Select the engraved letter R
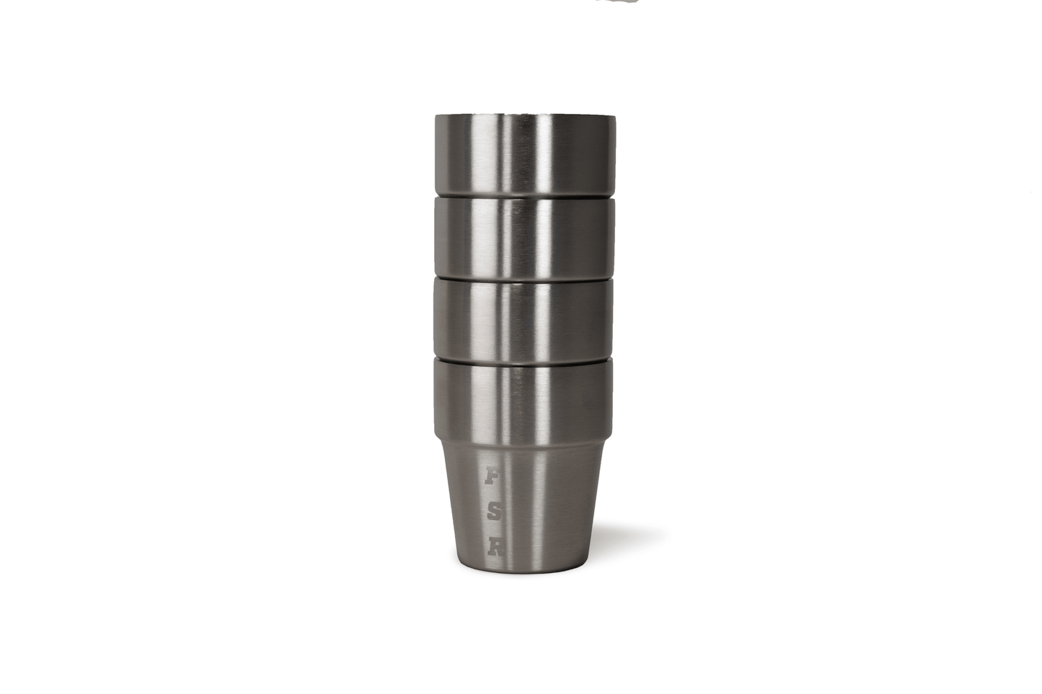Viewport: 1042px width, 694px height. [495, 547]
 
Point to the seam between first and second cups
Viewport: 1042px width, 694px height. [524, 195]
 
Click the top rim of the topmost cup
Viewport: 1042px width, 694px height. [524, 115]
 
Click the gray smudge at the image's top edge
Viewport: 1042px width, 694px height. [617, 2]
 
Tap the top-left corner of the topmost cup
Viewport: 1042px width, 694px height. [436, 117]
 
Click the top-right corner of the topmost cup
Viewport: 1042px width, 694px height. [614, 117]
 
